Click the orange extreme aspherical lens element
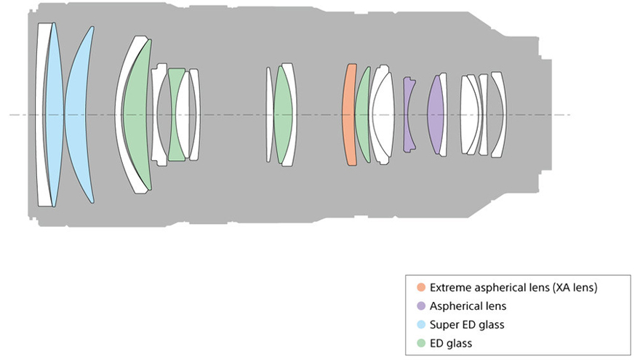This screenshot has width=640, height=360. point(350,115)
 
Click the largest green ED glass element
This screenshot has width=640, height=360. point(135,115)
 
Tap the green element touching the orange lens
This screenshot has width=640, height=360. point(362,115)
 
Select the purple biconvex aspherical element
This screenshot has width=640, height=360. point(436,115)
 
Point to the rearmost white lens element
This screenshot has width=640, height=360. point(499,115)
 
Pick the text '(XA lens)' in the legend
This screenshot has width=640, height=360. point(574,287)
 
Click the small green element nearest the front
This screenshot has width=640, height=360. point(176,115)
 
